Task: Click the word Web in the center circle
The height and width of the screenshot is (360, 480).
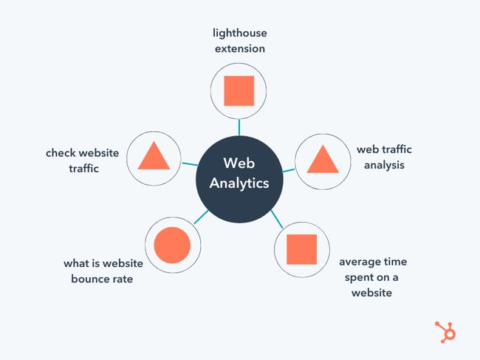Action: (239, 163)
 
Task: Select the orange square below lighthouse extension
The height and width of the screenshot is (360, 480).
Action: (239, 91)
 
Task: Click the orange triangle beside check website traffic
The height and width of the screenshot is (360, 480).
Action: (154, 155)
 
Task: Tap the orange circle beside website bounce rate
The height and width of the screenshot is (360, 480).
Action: (173, 245)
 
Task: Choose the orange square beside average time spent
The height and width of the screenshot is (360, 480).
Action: (301, 250)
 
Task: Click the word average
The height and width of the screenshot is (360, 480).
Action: (360, 262)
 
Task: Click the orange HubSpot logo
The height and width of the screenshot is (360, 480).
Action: (445, 332)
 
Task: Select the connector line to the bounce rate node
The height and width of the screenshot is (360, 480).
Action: (199, 217)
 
